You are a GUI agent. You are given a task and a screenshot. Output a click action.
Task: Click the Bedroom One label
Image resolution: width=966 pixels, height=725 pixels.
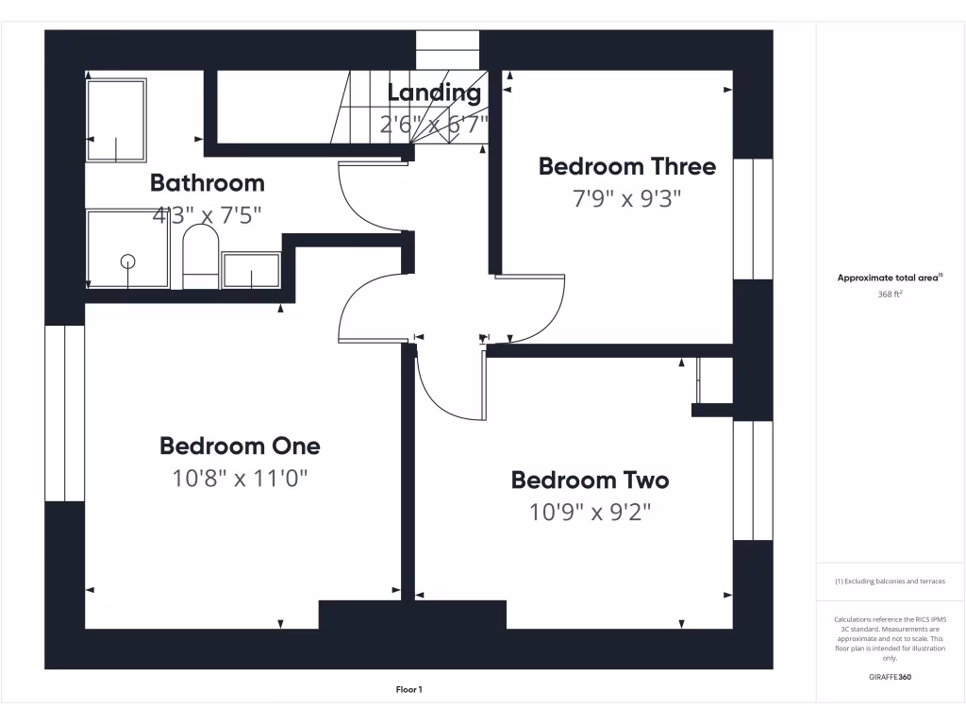point(240,446)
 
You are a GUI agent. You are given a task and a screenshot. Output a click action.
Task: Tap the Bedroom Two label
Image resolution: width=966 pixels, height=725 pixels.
point(590,480)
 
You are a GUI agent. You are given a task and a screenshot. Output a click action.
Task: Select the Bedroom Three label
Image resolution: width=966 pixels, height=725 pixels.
point(627,167)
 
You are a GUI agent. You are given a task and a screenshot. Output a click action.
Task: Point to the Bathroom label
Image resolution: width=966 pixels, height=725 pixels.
point(208,183)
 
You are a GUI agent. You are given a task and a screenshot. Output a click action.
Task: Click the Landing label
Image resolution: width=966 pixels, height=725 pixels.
point(434,93)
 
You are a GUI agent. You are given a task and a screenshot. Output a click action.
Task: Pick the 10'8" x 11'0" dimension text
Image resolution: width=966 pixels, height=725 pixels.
point(240,479)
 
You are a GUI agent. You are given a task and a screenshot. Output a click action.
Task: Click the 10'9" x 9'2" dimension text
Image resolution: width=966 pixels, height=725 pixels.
point(590,513)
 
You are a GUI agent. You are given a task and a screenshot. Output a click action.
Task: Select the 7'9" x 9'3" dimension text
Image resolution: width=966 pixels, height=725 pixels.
point(627,199)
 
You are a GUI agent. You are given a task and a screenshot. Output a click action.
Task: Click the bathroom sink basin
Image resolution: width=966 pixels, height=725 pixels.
point(250,270)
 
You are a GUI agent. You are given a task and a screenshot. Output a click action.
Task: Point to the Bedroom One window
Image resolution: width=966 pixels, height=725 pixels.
point(65,413)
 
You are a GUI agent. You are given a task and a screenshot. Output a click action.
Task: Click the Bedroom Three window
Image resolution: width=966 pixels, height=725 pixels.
point(753,219)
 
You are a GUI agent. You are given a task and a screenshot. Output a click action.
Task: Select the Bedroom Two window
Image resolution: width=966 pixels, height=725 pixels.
point(753,480)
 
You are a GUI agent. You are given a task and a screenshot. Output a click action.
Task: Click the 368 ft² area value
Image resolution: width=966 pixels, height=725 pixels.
point(890,294)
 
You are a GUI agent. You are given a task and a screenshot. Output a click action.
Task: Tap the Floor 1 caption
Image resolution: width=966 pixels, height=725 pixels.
point(408,690)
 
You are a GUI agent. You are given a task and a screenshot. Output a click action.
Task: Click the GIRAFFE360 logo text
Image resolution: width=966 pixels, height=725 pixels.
point(890,677)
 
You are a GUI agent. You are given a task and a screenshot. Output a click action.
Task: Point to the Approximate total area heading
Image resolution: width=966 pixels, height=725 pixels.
point(889,278)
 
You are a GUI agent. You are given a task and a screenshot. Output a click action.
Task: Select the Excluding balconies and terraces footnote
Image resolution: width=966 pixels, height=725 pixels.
point(890,582)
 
